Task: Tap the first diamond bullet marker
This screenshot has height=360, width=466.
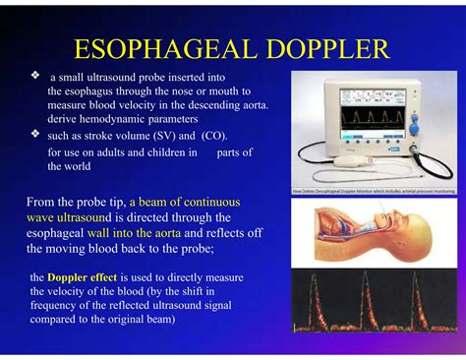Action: click(x=35, y=75)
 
